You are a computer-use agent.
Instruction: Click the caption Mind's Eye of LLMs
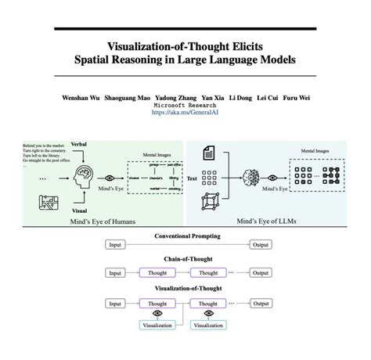(x=276, y=222)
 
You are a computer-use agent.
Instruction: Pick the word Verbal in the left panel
(x=79, y=146)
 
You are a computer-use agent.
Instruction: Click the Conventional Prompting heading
(x=187, y=236)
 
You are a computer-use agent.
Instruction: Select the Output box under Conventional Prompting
(x=260, y=246)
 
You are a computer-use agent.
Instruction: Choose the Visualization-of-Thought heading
(x=187, y=288)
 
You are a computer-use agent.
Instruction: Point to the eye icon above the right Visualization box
(x=208, y=313)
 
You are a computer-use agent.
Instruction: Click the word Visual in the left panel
(x=78, y=210)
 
